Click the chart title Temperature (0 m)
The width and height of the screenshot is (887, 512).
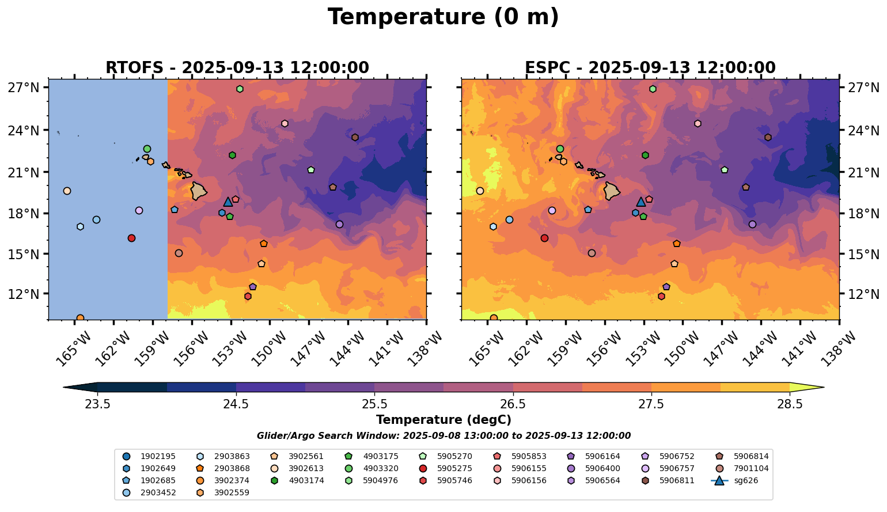coord(443,17)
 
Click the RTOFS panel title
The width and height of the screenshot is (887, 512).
coord(237,68)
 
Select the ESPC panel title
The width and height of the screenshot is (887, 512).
coord(650,68)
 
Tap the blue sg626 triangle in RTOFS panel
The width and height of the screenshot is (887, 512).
coord(228,202)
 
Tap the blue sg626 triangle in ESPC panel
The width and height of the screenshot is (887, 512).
coord(641,202)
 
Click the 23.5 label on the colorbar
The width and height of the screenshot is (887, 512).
coord(97,404)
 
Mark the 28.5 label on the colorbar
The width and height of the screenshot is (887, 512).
coord(790,404)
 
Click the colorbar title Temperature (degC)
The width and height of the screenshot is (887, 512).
coord(444,420)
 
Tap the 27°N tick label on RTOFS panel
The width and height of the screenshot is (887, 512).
coord(24,88)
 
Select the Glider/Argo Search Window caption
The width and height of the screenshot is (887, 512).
coord(444,436)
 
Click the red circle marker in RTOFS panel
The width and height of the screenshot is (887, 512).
coord(131,238)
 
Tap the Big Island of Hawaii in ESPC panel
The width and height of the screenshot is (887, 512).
coord(612,191)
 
